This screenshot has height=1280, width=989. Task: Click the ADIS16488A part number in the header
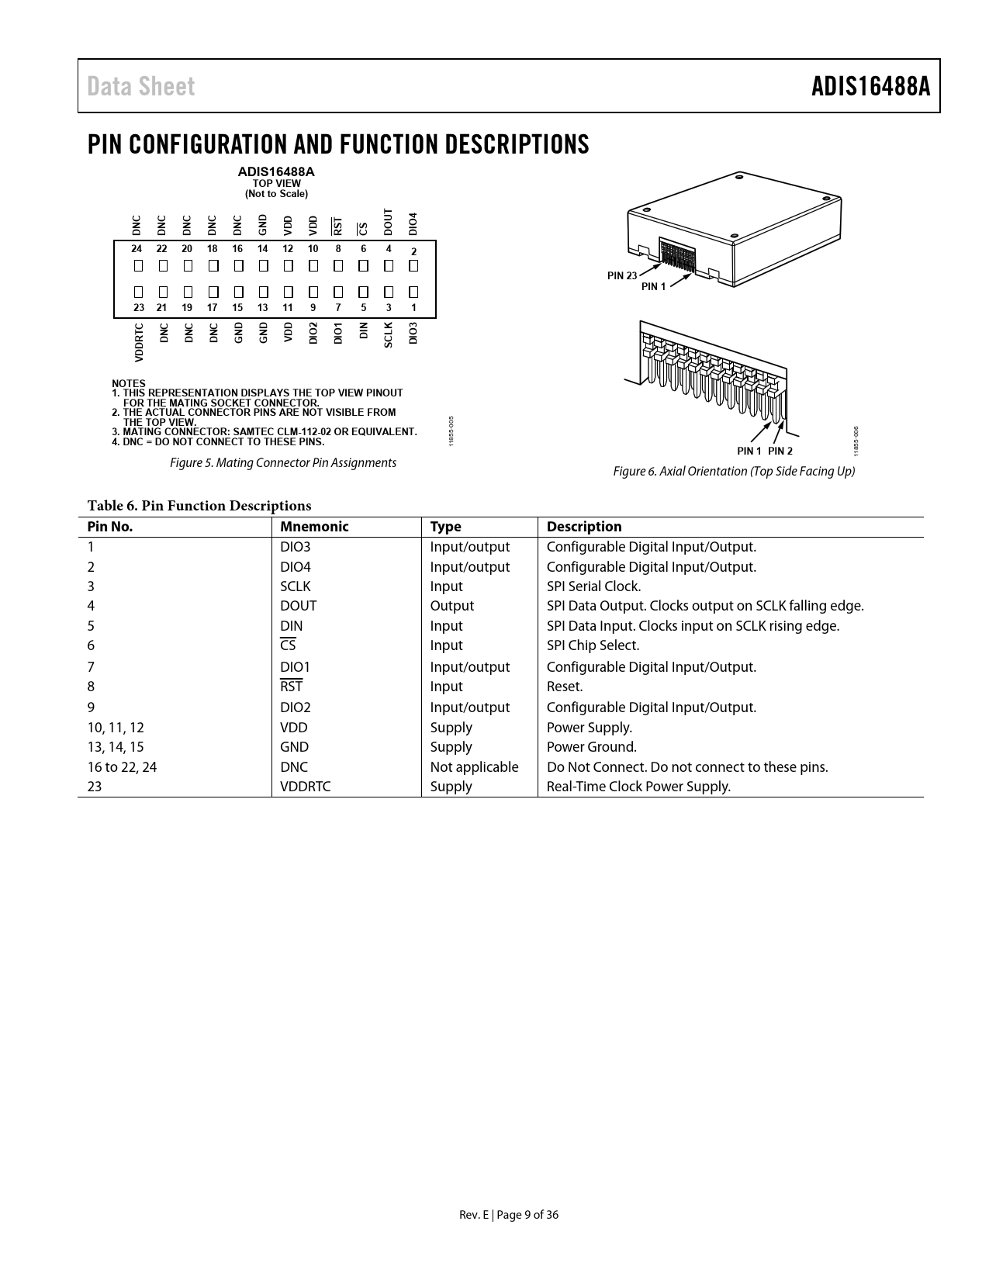870,86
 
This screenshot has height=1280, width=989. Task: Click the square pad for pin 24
137,266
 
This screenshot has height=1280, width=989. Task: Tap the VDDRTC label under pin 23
139,342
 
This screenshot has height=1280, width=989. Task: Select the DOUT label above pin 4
389,222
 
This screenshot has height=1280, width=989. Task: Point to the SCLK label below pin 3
389,334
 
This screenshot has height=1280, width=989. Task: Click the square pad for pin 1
413,292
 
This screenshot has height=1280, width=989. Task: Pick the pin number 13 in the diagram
262,308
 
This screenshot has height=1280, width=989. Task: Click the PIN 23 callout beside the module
621,275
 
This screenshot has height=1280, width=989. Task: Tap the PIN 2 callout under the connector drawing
780,451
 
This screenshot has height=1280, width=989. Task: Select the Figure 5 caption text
283,463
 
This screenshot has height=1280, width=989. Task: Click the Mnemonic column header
314,527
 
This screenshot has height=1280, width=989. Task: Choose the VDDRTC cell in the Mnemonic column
305,787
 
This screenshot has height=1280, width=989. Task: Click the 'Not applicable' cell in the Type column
474,767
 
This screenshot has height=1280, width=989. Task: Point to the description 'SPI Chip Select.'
593,645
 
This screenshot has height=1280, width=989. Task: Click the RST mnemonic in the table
291,687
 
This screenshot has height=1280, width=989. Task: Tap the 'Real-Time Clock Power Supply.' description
638,787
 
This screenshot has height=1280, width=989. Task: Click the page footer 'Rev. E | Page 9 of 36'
509,1215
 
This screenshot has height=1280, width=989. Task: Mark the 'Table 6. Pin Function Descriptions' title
199,506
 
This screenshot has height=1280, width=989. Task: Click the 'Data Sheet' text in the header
141,86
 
